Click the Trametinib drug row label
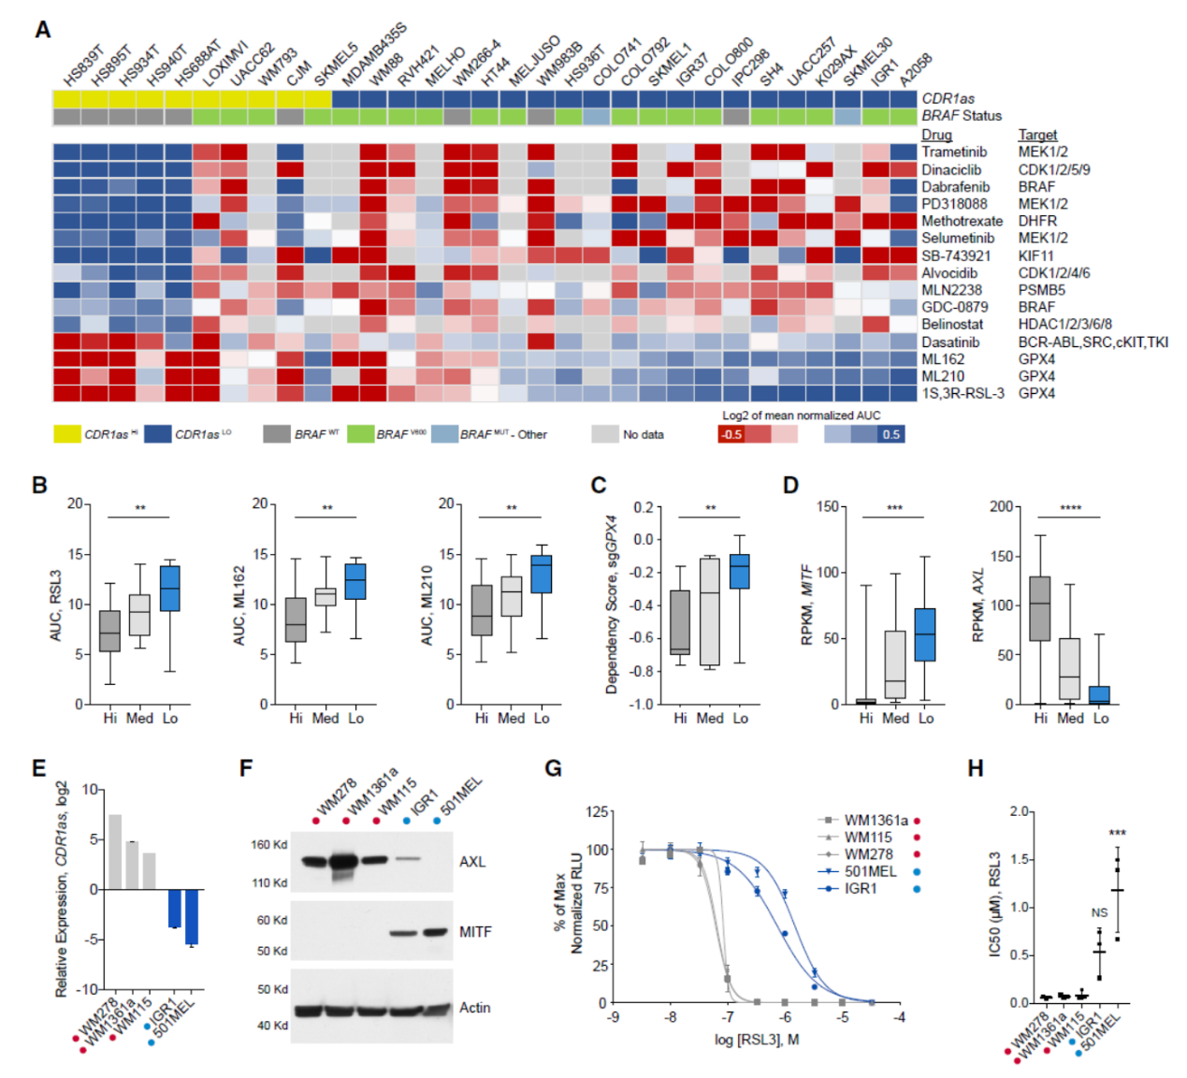[x=953, y=152]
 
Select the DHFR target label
[x=1037, y=221]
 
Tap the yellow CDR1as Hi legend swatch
[x=66, y=434]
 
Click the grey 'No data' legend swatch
[x=604, y=434]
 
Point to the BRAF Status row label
[x=961, y=116]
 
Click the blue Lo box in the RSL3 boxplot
[x=169, y=589]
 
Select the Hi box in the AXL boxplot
[x=1039, y=608]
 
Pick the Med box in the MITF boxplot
[x=895, y=664]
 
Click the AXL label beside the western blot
[x=472, y=862]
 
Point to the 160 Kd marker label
[x=268, y=845]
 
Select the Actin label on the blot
[x=474, y=1008]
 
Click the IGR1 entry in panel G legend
[x=861, y=888]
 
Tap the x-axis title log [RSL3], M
[x=756, y=1040]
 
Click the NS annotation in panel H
[x=1099, y=912]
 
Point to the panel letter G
[x=553, y=768]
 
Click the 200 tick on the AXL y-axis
[x=1001, y=506]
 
